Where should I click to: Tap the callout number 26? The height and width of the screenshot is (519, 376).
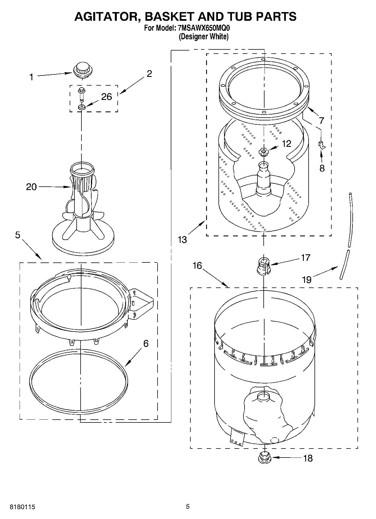point(106,97)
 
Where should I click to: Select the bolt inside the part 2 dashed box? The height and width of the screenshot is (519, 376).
point(82,94)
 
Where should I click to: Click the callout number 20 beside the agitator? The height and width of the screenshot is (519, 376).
point(31,187)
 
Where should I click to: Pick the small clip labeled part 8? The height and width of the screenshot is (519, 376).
point(321,145)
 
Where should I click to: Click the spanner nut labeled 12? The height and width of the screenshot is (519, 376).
point(263,152)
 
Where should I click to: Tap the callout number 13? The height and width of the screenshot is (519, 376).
point(182,240)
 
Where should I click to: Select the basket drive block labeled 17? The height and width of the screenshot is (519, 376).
point(264,266)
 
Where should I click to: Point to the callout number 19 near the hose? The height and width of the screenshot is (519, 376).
point(307,280)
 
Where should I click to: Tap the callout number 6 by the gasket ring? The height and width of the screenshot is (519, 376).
point(146,344)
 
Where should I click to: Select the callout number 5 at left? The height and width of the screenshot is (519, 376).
point(18,235)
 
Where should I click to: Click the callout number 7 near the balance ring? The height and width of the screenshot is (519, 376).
point(321,121)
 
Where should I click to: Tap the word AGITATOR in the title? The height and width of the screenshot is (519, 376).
point(106,17)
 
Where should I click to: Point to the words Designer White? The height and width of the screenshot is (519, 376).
point(204,37)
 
